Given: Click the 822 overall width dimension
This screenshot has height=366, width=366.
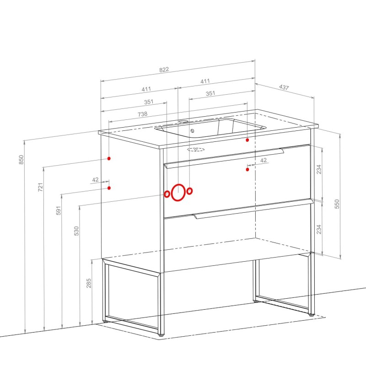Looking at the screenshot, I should [x=164, y=70].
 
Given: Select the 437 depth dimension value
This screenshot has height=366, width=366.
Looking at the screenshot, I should [x=284, y=87].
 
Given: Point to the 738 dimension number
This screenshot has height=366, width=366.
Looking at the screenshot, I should [x=142, y=114].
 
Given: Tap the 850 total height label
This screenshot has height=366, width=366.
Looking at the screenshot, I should [x=21, y=160].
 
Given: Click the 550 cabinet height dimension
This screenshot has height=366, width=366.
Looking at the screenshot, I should [x=337, y=204].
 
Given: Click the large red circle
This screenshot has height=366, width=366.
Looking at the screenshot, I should [x=178, y=192].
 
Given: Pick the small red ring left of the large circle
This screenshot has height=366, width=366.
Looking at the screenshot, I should [x=167, y=194].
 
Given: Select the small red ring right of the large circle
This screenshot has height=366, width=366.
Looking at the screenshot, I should [x=189, y=191].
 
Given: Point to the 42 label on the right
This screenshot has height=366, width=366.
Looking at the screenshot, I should [x=264, y=161].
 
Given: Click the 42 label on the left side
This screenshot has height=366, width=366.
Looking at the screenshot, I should [x=95, y=180].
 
